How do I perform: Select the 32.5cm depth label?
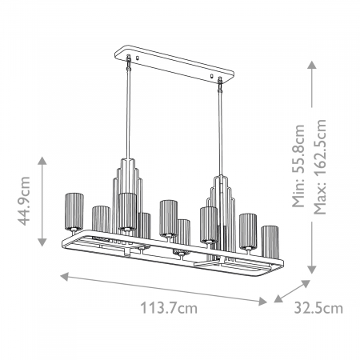(x=318, y=307)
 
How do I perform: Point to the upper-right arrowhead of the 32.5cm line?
(x=307, y=282)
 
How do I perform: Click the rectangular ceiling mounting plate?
(x=174, y=62)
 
